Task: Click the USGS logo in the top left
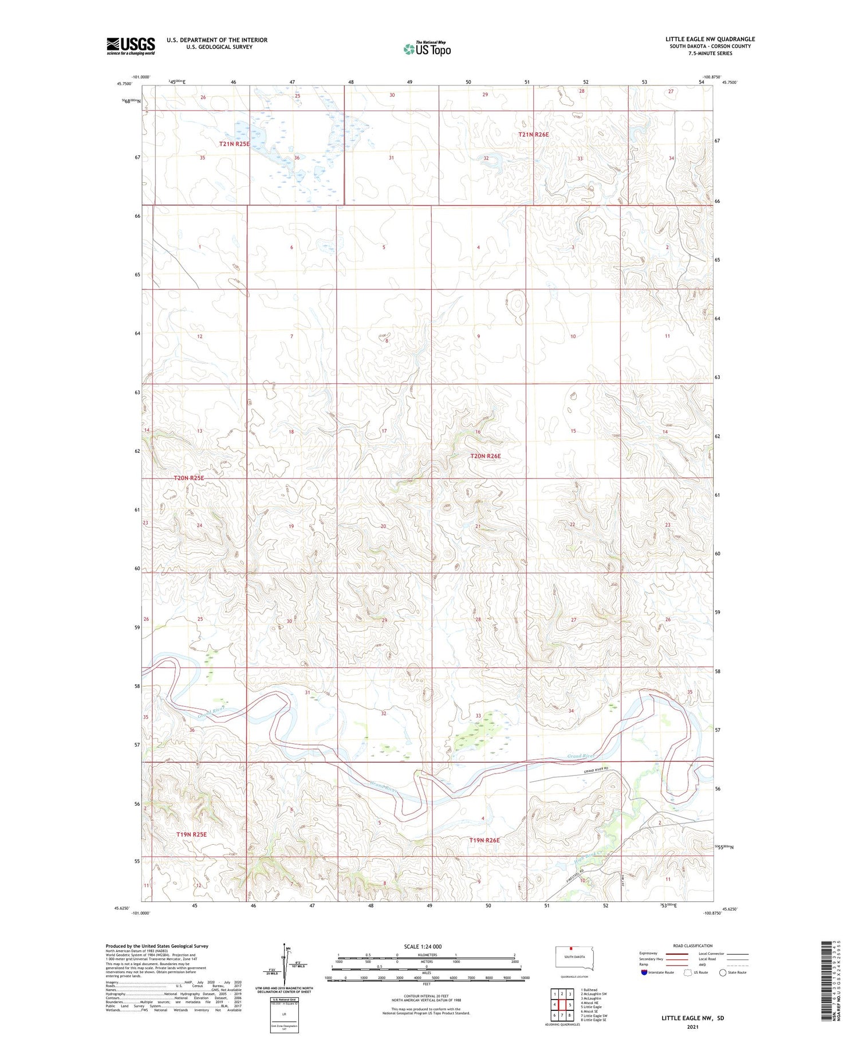[x=131, y=45]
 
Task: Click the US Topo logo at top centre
[x=427, y=49]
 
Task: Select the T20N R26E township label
[x=485, y=456]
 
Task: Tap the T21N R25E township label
[x=234, y=144]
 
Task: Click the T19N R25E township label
[x=191, y=834]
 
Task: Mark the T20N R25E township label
[x=189, y=477]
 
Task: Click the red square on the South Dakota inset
[x=571, y=948]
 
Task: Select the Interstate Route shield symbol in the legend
[x=644, y=973]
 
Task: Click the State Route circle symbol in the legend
[x=723, y=973]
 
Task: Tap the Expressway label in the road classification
[x=648, y=953]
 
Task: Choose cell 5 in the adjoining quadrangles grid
[x=570, y=1005]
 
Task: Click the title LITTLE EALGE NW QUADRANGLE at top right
[x=710, y=39]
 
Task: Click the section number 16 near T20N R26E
[x=478, y=432]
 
